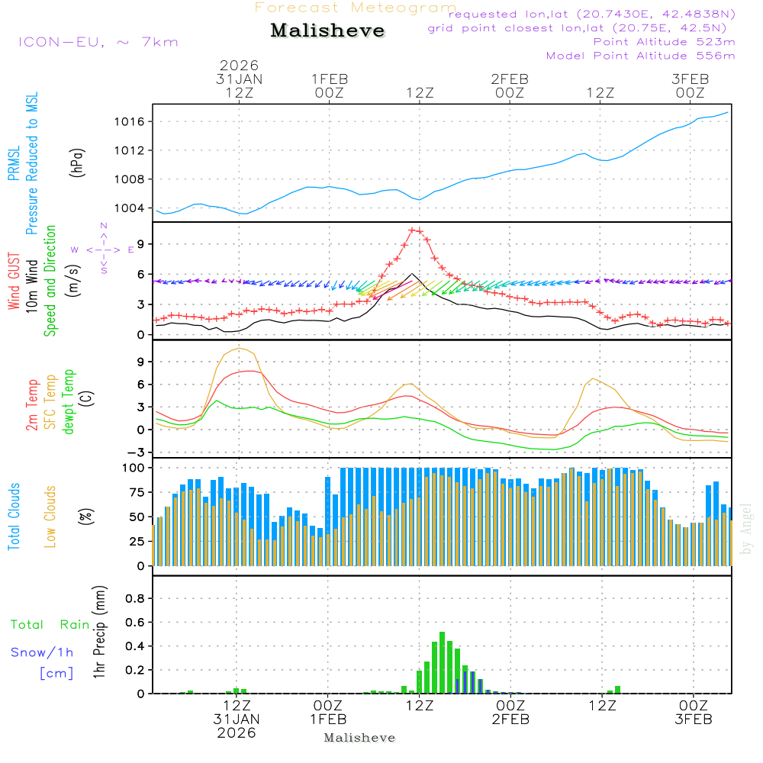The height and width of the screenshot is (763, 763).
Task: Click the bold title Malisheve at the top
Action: click(327, 31)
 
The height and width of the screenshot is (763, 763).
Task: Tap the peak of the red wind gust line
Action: click(412, 230)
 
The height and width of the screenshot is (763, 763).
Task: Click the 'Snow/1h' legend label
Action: click(42, 652)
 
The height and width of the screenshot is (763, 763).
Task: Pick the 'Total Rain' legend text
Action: click(50, 624)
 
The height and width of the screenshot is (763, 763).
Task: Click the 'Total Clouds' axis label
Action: click(14, 516)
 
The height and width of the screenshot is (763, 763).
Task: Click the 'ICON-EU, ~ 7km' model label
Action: click(98, 42)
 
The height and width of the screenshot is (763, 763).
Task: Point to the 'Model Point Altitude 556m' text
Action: click(641, 56)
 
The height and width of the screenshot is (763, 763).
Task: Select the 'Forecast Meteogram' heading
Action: click(356, 8)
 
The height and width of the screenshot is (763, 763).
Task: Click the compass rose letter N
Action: click(104, 226)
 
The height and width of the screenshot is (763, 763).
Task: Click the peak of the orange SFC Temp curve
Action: click(240, 349)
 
